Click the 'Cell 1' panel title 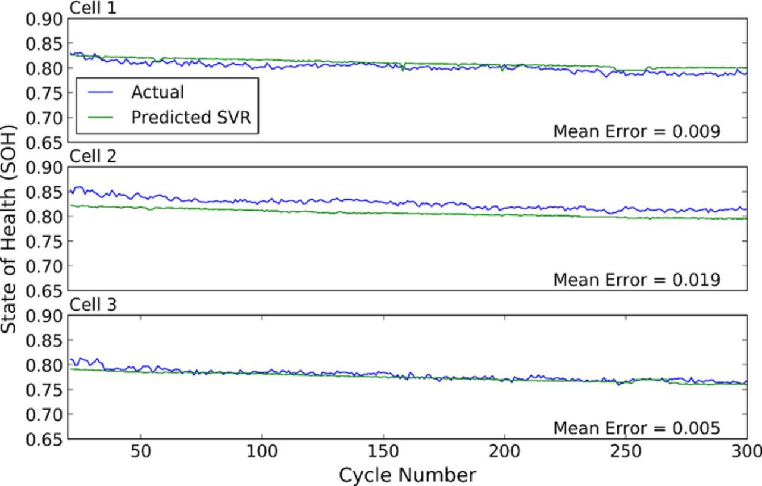(93, 8)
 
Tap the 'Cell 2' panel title (93, 156)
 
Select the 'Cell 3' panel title (93, 305)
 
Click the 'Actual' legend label (157, 92)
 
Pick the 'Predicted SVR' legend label (191, 117)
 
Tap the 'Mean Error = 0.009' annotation (636, 131)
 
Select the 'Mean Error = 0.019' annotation (636, 280)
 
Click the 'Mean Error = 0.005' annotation (636, 428)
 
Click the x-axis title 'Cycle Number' (407, 475)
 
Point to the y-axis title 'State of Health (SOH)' (10, 229)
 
